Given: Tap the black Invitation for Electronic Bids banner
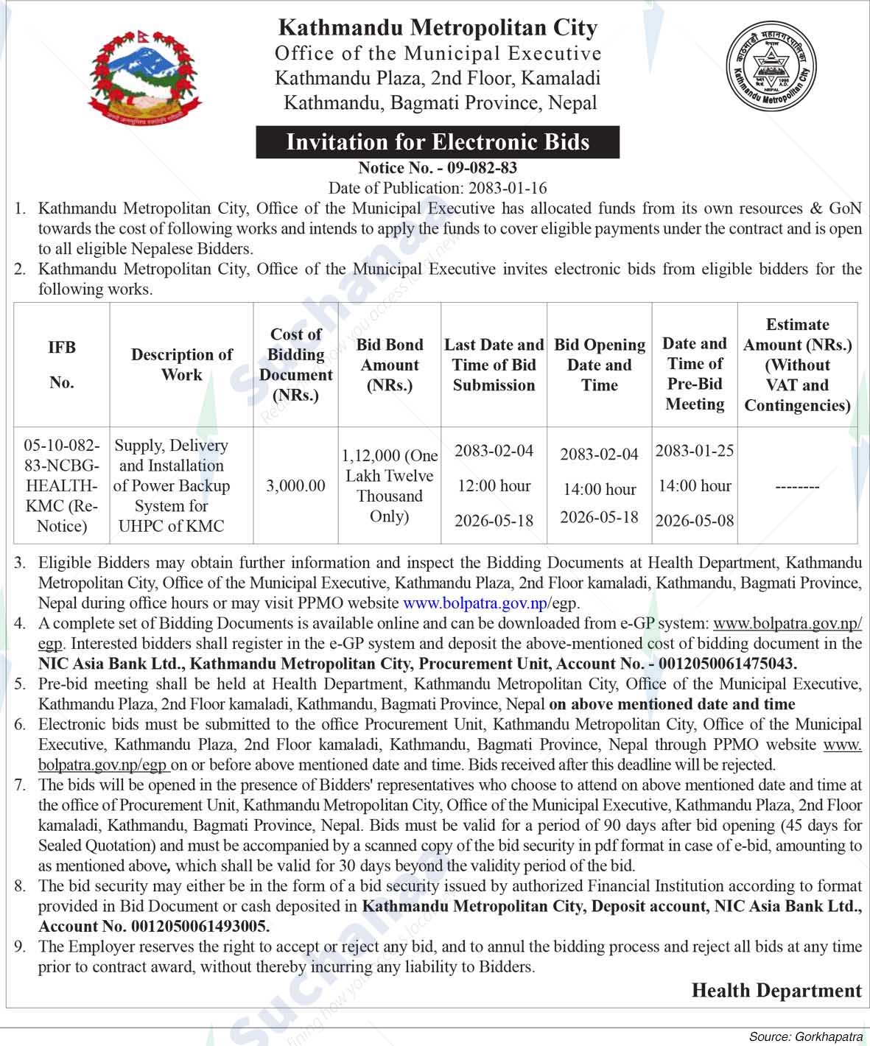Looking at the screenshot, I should (x=438, y=141).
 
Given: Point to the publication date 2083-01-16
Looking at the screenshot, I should (x=505, y=188).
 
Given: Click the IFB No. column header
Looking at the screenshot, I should (x=62, y=365).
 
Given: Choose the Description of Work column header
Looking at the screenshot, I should (x=181, y=365).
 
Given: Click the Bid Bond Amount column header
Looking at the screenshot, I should (x=390, y=365).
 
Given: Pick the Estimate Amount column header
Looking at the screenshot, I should (x=797, y=365).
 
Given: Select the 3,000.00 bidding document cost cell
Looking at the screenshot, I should (x=295, y=486).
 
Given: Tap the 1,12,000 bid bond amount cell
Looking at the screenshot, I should (x=390, y=486).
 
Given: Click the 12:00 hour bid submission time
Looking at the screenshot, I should (x=494, y=486).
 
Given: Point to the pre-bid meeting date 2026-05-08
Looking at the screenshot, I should (x=695, y=521).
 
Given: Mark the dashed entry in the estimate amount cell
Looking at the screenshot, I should (x=797, y=487).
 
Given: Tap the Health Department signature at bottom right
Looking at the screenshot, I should (x=776, y=991).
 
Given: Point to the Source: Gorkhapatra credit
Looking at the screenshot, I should (x=805, y=1037).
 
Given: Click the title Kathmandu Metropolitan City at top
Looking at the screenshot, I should (x=438, y=28).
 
